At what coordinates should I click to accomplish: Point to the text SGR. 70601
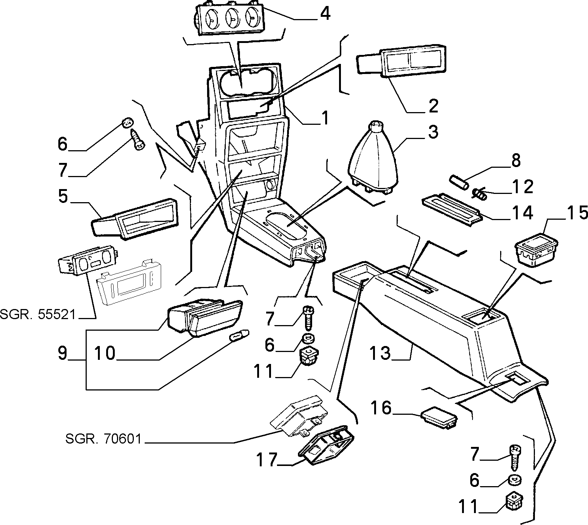tap(104, 439)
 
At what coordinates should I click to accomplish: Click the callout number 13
tap(380, 352)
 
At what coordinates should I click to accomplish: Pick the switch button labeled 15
tap(536, 249)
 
